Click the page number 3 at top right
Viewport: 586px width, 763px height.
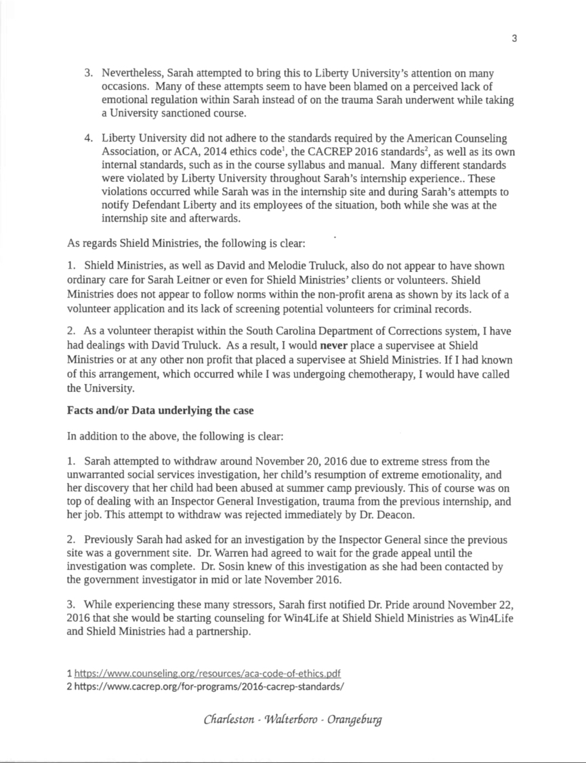514,39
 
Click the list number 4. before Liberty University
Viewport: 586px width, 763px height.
88,139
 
